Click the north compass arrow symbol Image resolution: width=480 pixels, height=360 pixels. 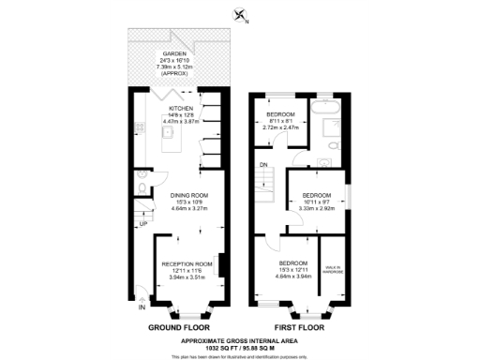[x=240, y=15]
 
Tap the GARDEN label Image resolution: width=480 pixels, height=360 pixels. [x=174, y=53]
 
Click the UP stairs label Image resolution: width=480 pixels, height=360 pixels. [x=143, y=224]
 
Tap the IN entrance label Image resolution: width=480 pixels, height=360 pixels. [x=142, y=307]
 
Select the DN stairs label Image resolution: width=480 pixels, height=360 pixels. [x=264, y=165]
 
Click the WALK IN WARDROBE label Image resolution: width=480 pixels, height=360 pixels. [x=334, y=269]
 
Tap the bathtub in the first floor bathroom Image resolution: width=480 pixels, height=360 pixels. [x=328, y=119]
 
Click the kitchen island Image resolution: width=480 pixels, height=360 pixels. [x=170, y=142]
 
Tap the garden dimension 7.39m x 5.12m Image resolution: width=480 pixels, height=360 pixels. [x=174, y=67]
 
